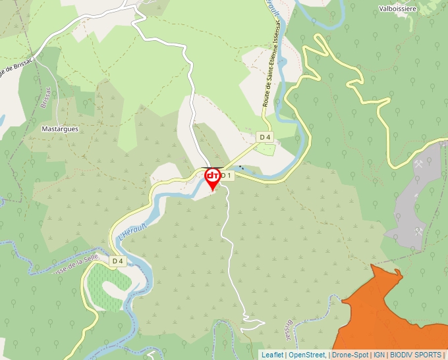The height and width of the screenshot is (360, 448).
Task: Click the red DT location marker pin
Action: click(212, 178)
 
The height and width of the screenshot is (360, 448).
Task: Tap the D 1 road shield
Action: click(226, 176)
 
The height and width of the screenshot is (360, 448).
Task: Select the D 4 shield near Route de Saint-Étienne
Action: click(265, 136)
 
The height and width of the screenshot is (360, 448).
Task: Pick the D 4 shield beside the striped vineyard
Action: click(117, 261)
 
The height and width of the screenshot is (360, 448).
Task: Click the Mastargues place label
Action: click(60, 129)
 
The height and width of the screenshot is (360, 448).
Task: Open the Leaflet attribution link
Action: click(273, 355)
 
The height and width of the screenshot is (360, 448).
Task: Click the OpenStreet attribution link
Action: click(308, 355)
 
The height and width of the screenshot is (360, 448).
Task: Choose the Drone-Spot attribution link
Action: click(350, 355)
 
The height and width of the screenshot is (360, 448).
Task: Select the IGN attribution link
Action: click(379, 355)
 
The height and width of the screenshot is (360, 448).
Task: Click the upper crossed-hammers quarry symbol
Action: click(418, 165)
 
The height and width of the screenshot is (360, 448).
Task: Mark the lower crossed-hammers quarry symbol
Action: click(418, 231)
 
